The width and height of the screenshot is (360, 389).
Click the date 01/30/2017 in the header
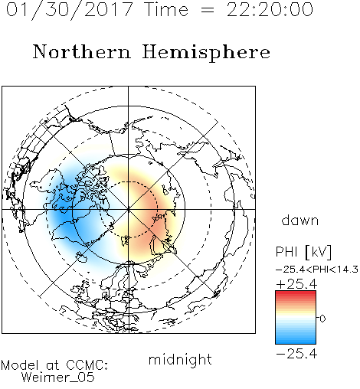70,10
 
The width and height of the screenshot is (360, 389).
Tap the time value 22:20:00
270,9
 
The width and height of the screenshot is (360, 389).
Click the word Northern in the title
82,51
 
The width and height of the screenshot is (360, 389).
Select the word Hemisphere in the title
206,53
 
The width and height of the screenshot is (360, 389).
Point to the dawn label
300,220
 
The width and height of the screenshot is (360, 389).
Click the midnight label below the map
180,360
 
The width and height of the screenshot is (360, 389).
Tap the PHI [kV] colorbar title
303,252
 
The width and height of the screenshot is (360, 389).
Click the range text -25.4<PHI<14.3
317,270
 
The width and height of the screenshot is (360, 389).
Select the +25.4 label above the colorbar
296,284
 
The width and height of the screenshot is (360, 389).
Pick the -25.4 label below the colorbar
296,354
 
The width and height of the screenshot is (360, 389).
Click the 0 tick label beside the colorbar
322,319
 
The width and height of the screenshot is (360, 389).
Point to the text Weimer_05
58,378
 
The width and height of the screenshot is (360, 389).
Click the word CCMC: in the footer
87,365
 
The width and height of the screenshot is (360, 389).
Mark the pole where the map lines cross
128,209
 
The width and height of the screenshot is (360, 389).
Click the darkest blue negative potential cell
64,214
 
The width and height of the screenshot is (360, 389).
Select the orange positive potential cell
151,212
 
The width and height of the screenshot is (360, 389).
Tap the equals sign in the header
207,10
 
